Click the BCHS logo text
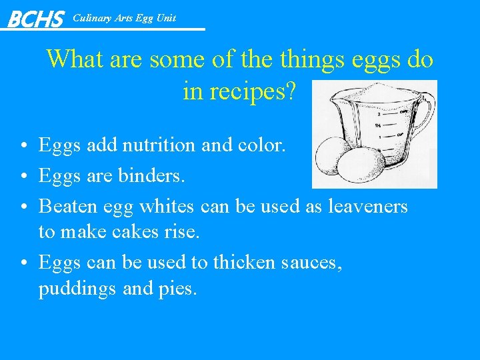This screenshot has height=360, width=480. pos(35,19)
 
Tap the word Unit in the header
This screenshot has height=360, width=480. pos(165,18)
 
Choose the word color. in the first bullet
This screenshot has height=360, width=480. pos(261,145)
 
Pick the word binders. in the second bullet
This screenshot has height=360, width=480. pos(152,176)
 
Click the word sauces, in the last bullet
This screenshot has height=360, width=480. pos(313,263)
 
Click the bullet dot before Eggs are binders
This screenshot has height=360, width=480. pos(23,177)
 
